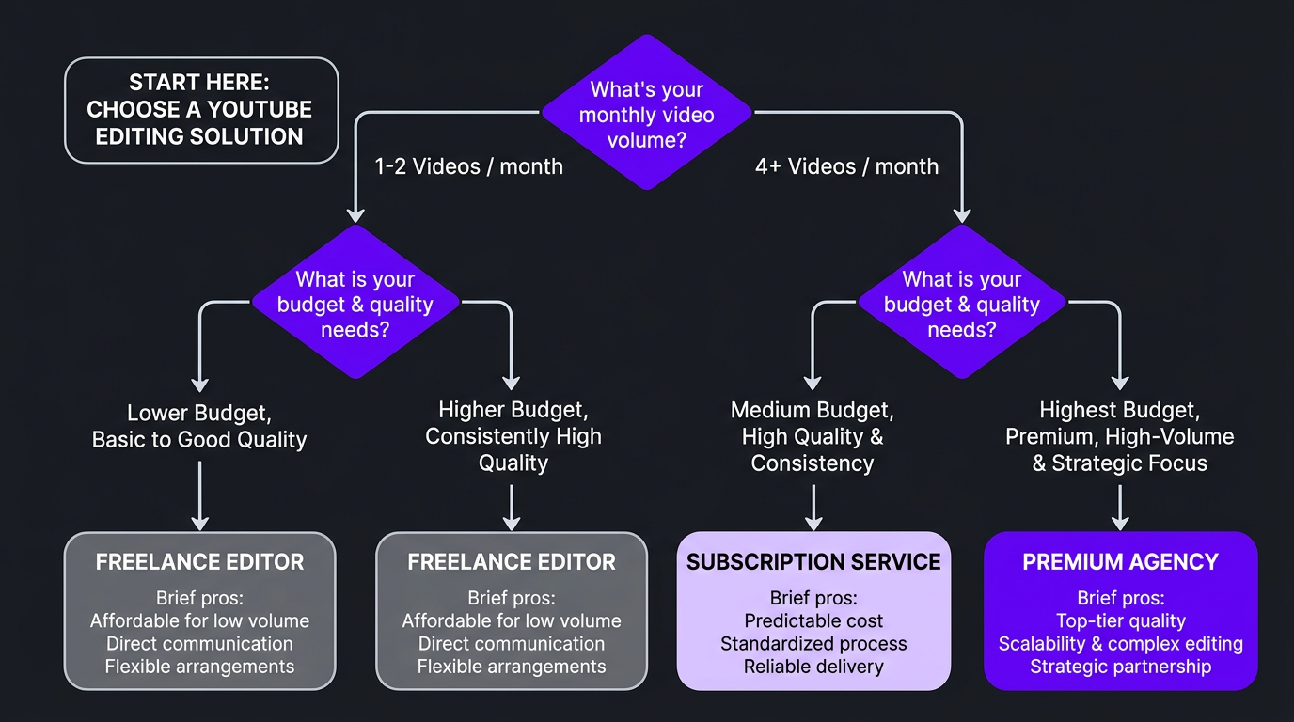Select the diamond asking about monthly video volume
646,114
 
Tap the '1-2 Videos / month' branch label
468,166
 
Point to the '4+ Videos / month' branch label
846,166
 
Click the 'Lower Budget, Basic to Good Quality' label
199,426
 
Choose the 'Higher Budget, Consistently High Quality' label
513,436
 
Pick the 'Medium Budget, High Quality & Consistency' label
813,436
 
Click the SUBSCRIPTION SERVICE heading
813,562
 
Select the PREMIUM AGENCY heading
1120,562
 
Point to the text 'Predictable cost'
813,620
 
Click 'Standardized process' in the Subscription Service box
813,644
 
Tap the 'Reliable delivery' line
813,667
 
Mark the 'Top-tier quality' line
1120,620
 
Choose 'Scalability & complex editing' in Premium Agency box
1120,644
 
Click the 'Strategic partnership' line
1120,667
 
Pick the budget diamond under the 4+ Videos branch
961,304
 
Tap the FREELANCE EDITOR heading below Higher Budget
512,562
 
